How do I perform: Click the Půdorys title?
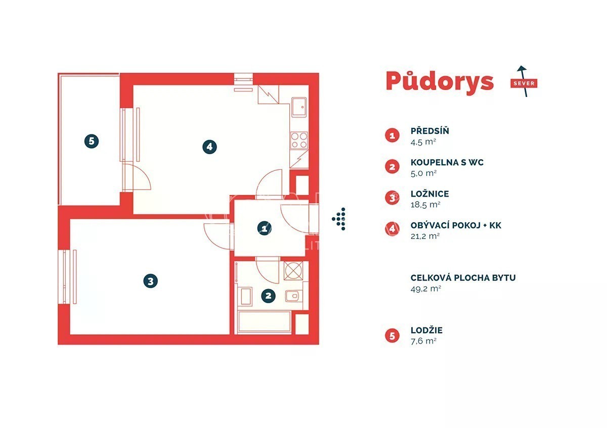(440, 82)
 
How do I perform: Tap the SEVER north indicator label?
(524, 83)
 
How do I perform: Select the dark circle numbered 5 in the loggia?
(92, 141)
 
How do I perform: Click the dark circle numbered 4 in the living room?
(209, 147)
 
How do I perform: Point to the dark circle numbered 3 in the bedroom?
(150, 281)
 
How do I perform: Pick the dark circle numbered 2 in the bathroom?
(268, 296)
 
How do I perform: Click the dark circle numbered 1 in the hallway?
(264, 228)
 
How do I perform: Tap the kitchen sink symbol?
(299, 107)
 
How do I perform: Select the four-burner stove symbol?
(299, 140)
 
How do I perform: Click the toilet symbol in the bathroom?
(292, 296)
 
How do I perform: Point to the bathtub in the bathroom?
(264, 321)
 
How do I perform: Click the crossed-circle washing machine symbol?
(293, 271)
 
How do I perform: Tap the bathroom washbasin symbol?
(246, 297)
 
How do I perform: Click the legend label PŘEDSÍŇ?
(430, 131)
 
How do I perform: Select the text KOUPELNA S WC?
(447, 162)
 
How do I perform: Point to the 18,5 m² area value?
(425, 205)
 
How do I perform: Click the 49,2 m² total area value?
(426, 289)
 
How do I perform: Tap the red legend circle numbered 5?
(392, 336)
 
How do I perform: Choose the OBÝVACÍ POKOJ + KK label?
(456, 225)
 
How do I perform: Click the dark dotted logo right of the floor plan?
(339, 219)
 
